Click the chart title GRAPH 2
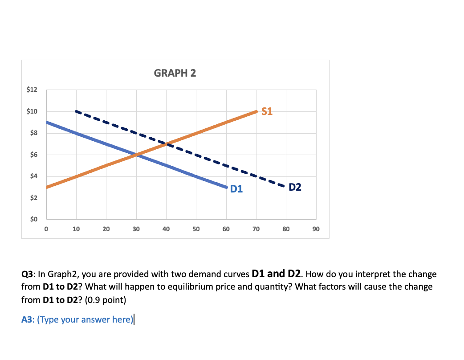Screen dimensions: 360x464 [175, 73]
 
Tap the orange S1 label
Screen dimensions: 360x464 [267, 112]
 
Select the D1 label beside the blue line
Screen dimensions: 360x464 [236, 189]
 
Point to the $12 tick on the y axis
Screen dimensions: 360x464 [32, 90]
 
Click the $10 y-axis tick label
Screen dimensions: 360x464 [32, 111]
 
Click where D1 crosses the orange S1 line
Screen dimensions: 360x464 [136, 155]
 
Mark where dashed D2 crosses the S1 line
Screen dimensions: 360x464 [166, 144]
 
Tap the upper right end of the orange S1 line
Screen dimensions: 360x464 [256, 111]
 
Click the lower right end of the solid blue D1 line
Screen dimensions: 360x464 [226, 187]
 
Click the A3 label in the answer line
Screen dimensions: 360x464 [27, 319]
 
